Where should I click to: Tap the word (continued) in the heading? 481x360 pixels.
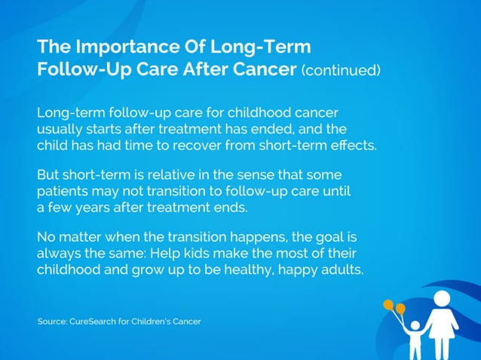341,72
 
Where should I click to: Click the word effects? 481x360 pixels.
354,145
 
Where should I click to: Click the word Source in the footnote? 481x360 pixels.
53,322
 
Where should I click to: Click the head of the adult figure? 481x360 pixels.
441,289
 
